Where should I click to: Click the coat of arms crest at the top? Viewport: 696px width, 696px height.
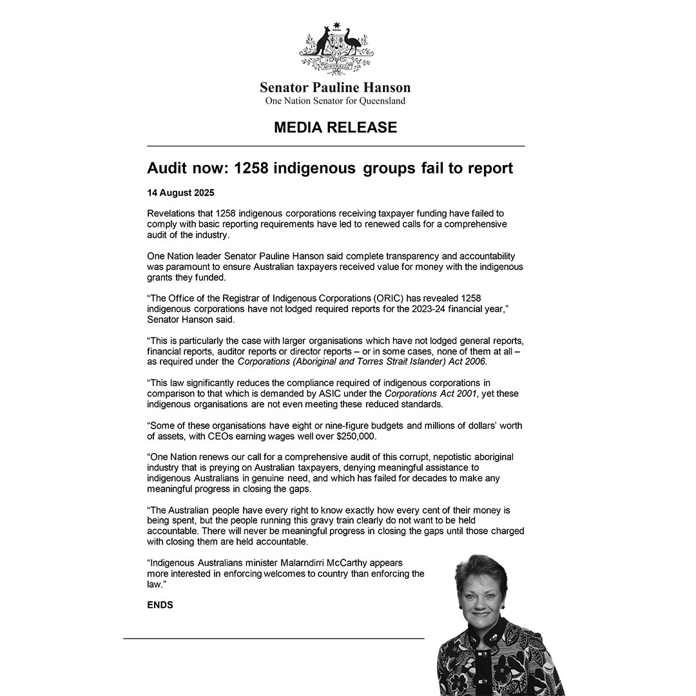(x=335, y=48)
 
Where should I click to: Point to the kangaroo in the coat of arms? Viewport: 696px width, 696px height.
(x=320, y=44)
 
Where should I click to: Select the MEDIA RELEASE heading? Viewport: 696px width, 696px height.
(x=335, y=127)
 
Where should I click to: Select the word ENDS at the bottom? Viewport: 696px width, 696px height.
(x=160, y=606)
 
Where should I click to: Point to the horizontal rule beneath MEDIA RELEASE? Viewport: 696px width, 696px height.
(x=335, y=146)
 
